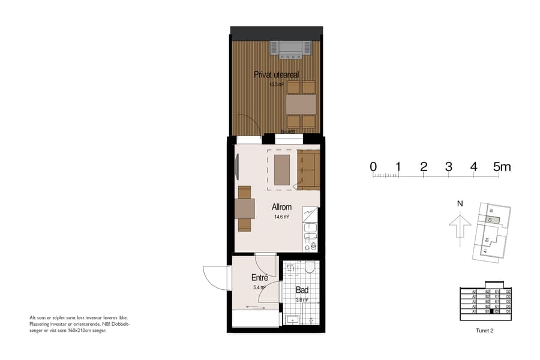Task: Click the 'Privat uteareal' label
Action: point(276,74)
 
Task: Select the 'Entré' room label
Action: point(259,278)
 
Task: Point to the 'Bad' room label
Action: point(302,290)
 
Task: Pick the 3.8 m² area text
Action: point(302,299)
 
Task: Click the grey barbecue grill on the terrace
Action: point(291,48)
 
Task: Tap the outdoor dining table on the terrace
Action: point(301,105)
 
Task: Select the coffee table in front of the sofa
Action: point(282,170)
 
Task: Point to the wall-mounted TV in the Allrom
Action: point(238,167)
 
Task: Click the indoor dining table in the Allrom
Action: point(245,208)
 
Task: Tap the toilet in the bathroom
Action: point(310,266)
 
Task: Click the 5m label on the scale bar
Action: point(502,167)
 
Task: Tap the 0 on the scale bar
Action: point(373,167)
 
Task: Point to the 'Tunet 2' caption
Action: point(484,330)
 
